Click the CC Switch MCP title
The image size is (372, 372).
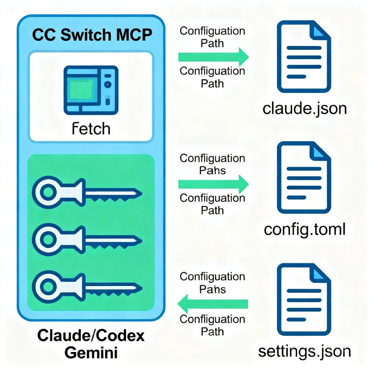coord(92,35)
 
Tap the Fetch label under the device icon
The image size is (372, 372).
coord(91,129)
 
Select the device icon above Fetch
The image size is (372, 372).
coord(91,90)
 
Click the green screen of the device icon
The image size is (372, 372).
coord(80,89)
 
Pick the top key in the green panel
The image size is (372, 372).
coord(87,192)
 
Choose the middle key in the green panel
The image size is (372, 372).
coord(87,239)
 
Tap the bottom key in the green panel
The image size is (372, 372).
coord(87,287)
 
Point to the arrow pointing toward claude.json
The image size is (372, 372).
coord(213,57)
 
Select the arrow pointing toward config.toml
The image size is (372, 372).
coord(213,184)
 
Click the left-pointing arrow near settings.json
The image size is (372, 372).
coord(213,304)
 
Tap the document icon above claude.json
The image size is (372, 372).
coord(304,56)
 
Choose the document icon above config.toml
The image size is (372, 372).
coord(304,178)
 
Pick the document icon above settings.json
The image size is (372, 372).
coord(304,299)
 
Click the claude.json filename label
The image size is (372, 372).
coord(305,109)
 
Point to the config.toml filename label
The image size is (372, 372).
coord(305,230)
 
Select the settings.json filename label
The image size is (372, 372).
coord(305,352)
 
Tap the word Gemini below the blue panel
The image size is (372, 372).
coord(91,352)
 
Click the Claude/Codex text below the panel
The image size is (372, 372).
coord(91,335)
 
